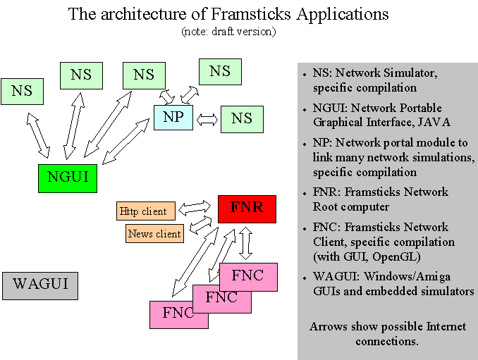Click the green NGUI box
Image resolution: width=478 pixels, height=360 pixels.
point(68,177)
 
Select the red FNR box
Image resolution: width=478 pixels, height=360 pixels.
point(246,209)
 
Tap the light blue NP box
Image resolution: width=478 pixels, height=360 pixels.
point(173,117)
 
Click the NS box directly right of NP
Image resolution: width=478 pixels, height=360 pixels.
point(242,119)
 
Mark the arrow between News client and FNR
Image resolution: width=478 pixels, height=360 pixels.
point(202,225)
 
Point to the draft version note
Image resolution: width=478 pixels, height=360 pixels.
point(228,31)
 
